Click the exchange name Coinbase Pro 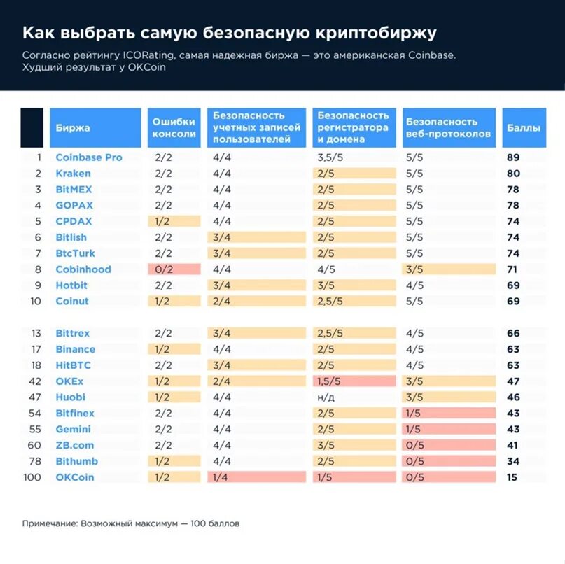[88, 157]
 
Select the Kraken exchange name [73, 174]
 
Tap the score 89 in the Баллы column [513, 157]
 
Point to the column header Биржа [73, 128]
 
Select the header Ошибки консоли [174, 127]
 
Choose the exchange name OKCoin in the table [74, 477]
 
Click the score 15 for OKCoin [513, 477]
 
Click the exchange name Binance [76, 349]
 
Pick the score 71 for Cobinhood [513, 269]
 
